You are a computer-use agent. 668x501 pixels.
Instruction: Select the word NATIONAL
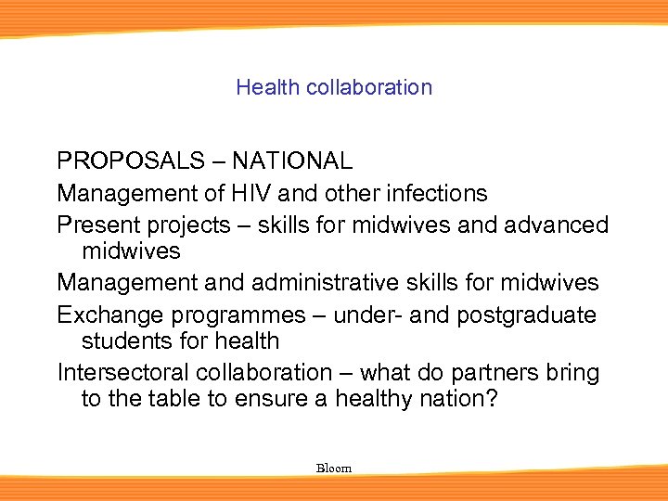point(292,161)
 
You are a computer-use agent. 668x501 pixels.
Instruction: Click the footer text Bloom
point(334,469)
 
